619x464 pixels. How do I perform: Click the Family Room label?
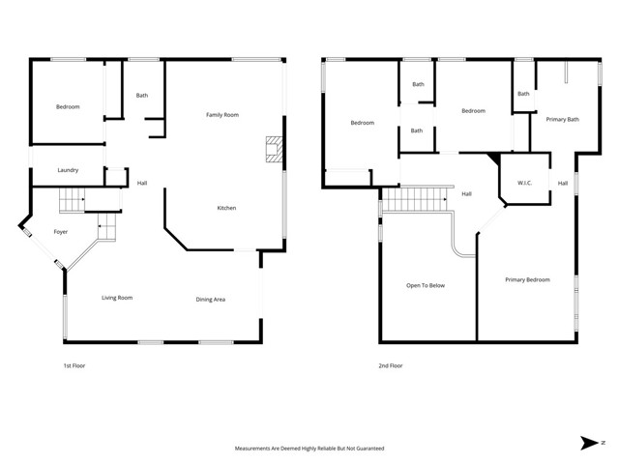[221, 115]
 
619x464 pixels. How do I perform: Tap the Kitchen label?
[226, 208]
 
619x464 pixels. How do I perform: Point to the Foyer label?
[60, 232]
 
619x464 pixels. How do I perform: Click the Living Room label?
[117, 298]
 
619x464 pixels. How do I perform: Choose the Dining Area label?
[211, 300]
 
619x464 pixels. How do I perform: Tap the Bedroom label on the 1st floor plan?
[67, 106]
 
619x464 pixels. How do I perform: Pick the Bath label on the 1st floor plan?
[142, 95]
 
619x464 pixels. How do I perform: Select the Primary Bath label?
[562, 119]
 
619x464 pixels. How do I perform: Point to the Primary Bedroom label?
[527, 279]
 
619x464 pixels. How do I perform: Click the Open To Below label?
[425, 285]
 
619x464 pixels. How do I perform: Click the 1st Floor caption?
[74, 365]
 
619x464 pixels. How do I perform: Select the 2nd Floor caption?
[391, 365]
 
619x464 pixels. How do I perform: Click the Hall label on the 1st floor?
[142, 183]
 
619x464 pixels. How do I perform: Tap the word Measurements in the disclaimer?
[254, 449]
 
